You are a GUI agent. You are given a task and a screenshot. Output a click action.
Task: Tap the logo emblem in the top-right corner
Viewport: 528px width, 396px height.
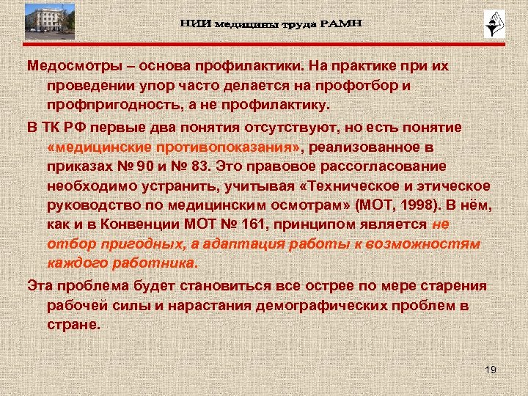point(491,25)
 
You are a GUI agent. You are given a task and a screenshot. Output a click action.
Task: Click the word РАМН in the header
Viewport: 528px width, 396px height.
point(339,25)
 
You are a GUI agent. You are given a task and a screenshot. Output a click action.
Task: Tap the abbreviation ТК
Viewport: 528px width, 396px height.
point(54,127)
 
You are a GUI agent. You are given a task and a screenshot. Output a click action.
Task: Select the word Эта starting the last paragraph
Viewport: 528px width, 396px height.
point(40,285)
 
